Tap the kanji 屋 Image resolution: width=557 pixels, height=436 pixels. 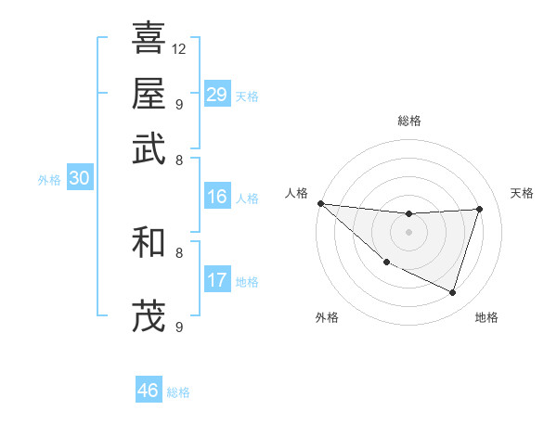click(x=149, y=93)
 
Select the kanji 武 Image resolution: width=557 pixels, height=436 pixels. click(x=149, y=148)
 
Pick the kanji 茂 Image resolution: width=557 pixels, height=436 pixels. click(x=149, y=316)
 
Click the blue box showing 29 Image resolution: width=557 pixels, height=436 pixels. click(x=217, y=95)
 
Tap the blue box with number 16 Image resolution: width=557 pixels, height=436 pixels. click(x=217, y=197)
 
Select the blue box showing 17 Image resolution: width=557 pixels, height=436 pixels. click(x=217, y=280)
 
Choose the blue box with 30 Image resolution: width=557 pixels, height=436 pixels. click(x=79, y=179)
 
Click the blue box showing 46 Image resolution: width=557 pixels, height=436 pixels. click(x=149, y=391)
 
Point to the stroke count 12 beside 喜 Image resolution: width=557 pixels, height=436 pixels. click(x=179, y=47)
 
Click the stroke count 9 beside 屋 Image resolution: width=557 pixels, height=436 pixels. click(x=178, y=103)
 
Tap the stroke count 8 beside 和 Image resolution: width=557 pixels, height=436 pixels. click(x=178, y=251)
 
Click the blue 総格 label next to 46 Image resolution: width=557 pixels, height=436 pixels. click(x=178, y=392)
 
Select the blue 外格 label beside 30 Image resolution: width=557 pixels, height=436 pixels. click(x=49, y=181)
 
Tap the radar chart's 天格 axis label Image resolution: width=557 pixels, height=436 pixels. click(x=522, y=193)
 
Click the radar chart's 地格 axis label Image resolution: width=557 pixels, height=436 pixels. click(x=486, y=317)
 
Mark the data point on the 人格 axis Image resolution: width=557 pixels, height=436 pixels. click(x=320, y=202)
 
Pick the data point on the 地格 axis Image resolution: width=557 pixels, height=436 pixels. click(x=453, y=293)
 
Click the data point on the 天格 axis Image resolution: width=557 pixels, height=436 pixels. click(x=480, y=209)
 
